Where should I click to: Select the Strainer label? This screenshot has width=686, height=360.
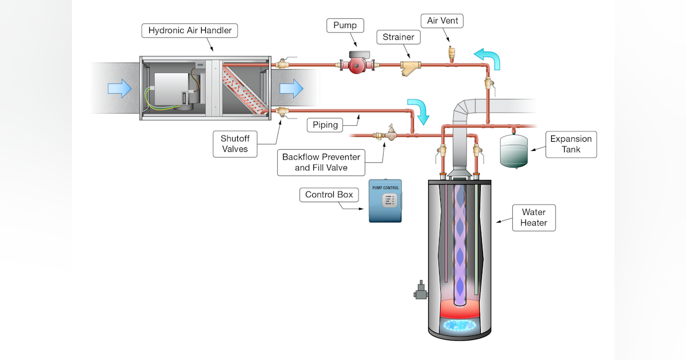pos(398,38)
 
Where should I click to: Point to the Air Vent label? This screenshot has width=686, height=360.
pos(442,21)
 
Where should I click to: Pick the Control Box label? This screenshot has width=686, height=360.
pos(329,195)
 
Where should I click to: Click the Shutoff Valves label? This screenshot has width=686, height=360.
pos(234,143)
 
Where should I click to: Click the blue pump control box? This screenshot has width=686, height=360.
pos(385,201)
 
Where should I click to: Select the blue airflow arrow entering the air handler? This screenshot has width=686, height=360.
pos(119,89)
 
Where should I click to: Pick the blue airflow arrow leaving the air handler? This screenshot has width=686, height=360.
pos(291,89)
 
